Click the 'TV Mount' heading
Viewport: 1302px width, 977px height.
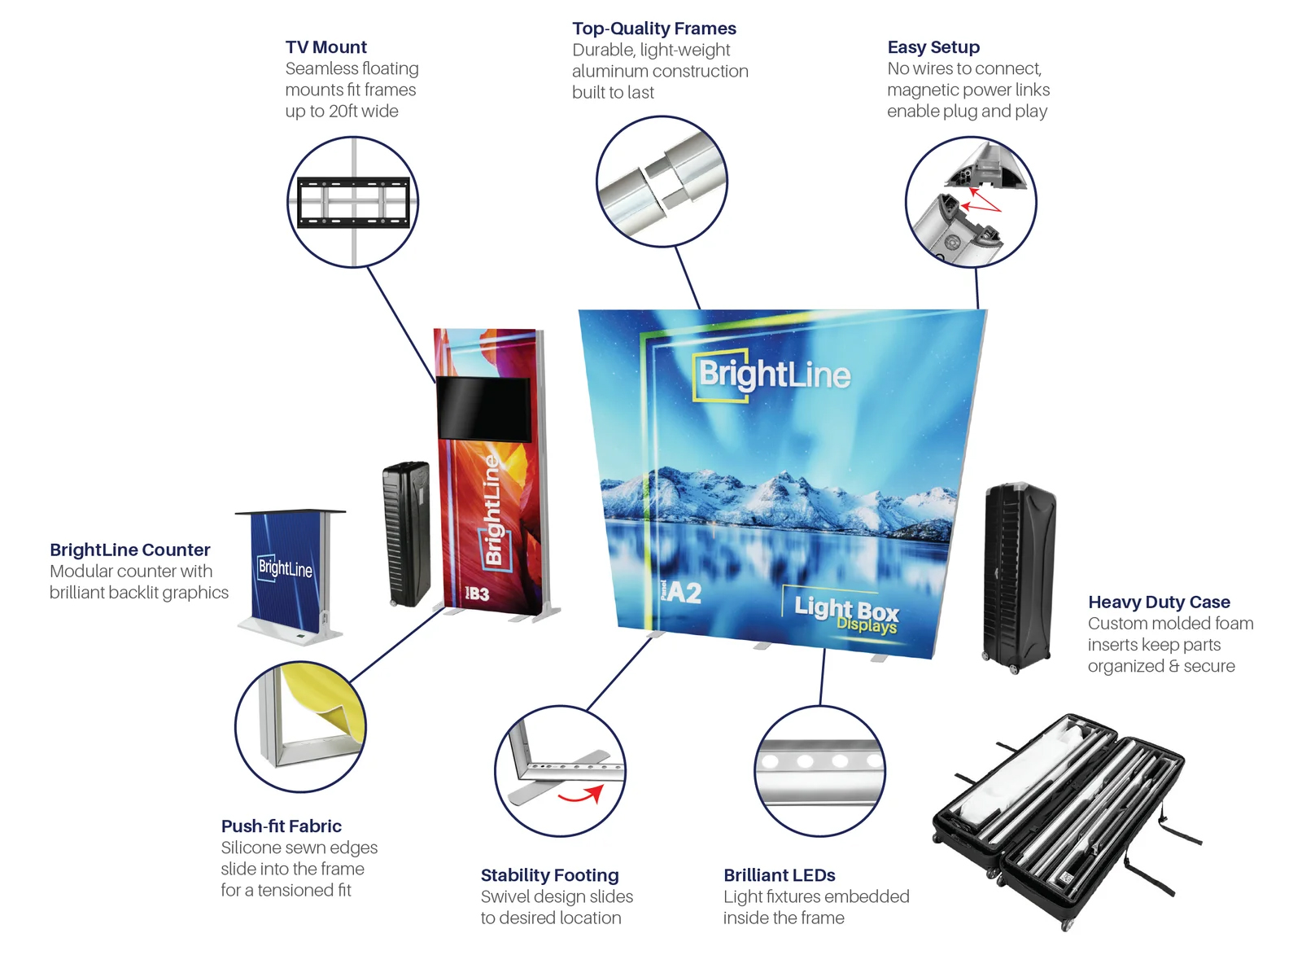click(325, 47)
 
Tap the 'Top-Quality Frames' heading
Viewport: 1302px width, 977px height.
click(653, 28)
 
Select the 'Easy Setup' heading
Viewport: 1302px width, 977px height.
click(933, 47)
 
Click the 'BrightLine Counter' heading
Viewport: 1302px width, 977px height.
click(129, 550)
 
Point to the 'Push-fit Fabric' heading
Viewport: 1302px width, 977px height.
click(281, 826)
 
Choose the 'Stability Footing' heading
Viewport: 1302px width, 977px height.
click(549, 875)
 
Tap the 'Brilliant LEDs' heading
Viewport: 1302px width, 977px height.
click(779, 875)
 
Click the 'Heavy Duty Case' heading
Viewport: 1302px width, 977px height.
click(1158, 602)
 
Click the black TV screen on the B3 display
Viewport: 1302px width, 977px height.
click(483, 409)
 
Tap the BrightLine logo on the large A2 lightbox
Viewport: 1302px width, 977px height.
click(773, 375)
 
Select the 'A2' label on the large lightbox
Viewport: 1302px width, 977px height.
click(684, 592)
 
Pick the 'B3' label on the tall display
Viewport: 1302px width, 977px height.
click(478, 594)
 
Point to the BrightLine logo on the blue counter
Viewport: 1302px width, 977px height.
click(285, 567)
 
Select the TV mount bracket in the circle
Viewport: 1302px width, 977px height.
click(352, 202)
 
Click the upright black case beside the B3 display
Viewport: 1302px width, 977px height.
click(406, 534)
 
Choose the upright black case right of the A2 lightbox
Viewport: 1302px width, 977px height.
click(1018, 576)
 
